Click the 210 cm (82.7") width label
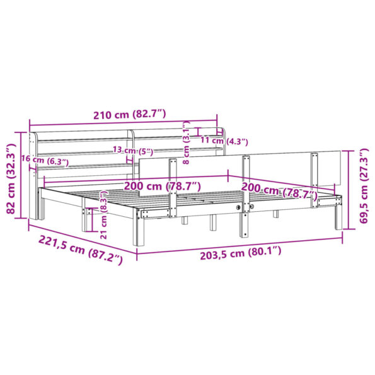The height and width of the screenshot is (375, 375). [x=129, y=115]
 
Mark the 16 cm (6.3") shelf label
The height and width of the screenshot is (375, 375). [x=44, y=161]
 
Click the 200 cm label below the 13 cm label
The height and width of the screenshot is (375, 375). [x=162, y=186]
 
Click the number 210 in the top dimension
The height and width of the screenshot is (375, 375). [x=102, y=115]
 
